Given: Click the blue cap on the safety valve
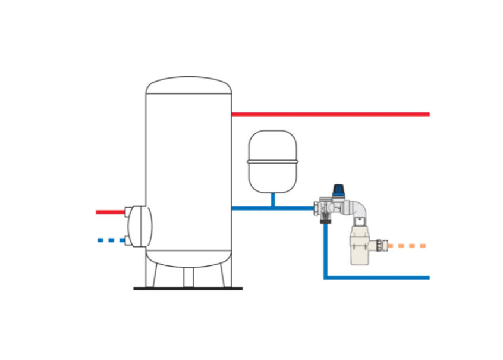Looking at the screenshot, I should (x=339, y=190).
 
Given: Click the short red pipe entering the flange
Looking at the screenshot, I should (x=110, y=212).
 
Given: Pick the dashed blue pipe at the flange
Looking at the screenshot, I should (x=110, y=240).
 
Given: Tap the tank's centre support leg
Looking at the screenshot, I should (x=188, y=277).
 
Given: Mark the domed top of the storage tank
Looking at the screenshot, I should (x=188, y=84).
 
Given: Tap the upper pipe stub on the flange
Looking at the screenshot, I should (x=128, y=212).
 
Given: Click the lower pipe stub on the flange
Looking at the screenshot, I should (x=128, y=240).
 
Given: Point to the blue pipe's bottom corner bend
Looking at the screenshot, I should (x=326, y=277).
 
